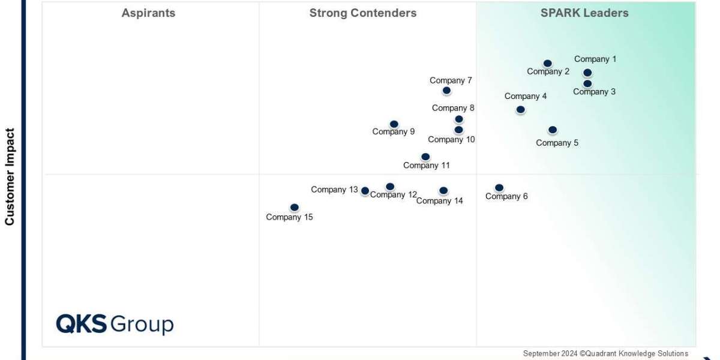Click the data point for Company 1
[587, 73]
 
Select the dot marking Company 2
[547, 63]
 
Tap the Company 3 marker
[587, 83]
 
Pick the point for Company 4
[520, 109]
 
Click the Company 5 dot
[553, 130]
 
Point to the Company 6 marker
[499, 187]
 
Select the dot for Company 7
[446, 91]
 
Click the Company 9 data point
[394, 124]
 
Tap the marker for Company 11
[425, 157]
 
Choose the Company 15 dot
[294, 207]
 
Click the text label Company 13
[334, 190]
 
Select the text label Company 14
[439, 201]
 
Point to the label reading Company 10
[451, 140]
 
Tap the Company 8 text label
[453, 108]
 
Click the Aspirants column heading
[148, 13]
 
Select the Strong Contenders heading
[362, 13]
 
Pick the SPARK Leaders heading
[584, 13]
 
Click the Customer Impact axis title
[10, 176]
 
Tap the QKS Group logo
[115, 324]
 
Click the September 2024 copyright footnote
[605, 353]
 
